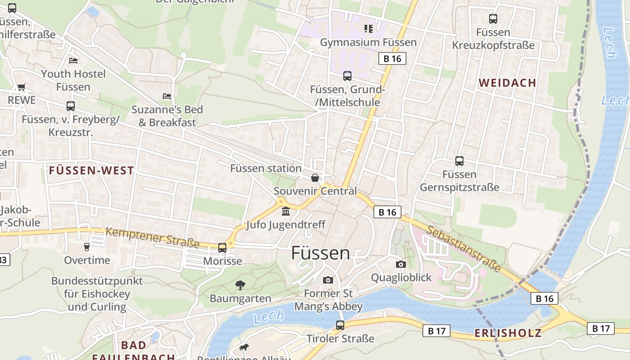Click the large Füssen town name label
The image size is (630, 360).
320,253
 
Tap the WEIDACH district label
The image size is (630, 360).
507,83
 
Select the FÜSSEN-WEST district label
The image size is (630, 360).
91,171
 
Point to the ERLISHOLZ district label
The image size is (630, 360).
508,333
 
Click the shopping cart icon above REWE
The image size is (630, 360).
21,87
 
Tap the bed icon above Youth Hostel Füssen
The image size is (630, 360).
73,61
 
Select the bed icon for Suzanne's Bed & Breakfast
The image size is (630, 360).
167,96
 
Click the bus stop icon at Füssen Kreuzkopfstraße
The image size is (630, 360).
493,19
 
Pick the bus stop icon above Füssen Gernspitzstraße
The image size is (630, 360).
459,161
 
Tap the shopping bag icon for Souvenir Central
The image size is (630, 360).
315,178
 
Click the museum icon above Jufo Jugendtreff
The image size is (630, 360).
286,211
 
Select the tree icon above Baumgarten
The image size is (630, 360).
240,285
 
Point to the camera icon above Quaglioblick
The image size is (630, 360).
400,264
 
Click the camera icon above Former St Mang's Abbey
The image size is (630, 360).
328,280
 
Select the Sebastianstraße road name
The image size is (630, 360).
463,248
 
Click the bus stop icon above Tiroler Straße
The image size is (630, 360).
340,325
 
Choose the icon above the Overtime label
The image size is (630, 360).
87,247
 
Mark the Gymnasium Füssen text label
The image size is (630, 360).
368,42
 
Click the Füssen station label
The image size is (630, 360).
265,168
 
